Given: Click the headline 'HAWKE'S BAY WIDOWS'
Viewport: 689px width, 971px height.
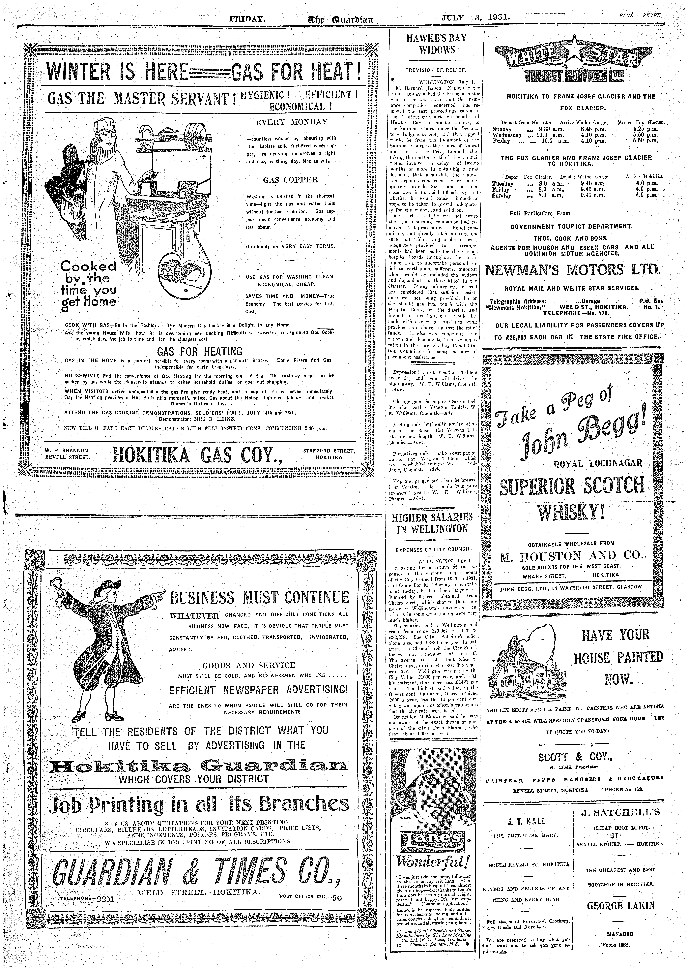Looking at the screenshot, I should point(437,44).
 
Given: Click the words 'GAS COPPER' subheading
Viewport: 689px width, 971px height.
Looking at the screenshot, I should point(290,179).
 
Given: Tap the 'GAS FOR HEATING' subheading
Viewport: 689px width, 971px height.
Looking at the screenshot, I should point(199,351).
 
